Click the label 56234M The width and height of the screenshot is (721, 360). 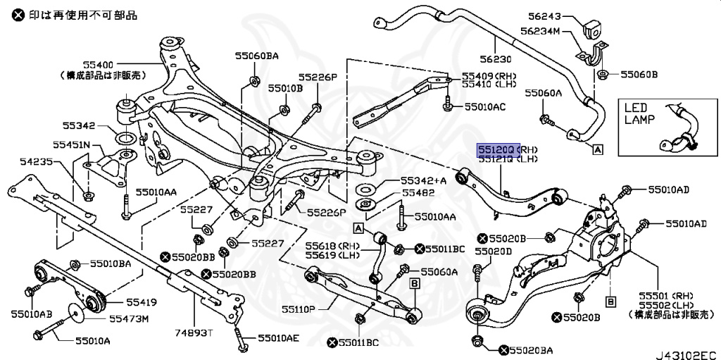point(540,31)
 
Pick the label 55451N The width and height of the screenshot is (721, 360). point(73,144)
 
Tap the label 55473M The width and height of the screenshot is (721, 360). point(129,319)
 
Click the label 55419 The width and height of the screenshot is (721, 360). point(142,303)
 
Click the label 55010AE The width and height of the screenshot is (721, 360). point(277,338)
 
